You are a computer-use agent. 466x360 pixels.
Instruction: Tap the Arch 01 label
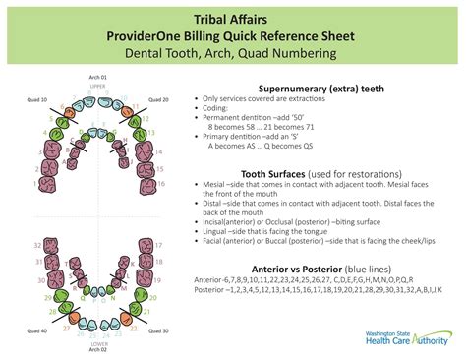click(97, 77)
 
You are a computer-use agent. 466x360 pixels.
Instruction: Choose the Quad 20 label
click(159, 99)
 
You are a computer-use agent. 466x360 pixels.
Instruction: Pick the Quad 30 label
click(159, 330)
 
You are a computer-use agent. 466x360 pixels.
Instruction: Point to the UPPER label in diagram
click(97, 87)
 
